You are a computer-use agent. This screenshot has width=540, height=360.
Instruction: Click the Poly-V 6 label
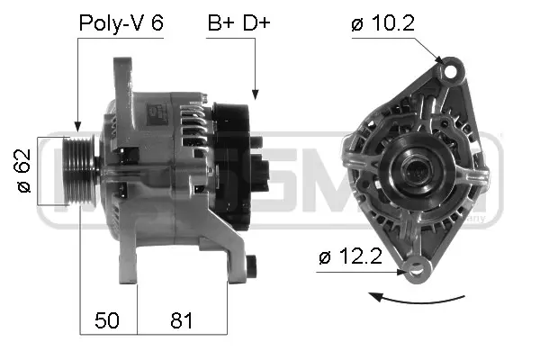pyautogui.click(x=121, y=24)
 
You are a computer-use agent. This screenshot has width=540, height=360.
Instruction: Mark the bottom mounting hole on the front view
pyautogui.click(x=416, y=267)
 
